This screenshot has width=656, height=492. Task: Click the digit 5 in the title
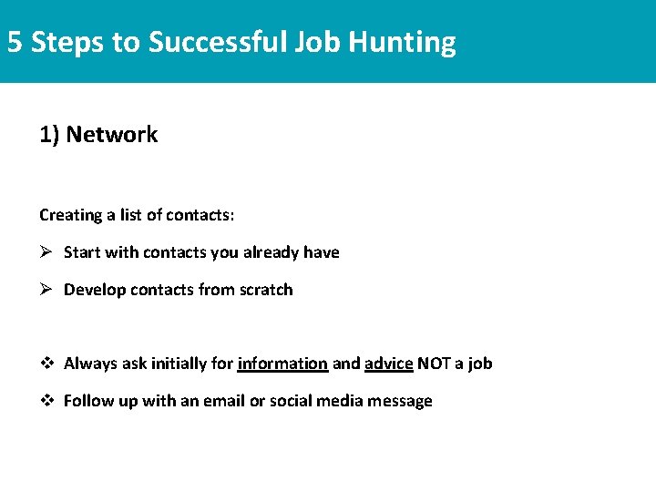15,42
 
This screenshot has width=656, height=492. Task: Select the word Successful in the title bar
218,42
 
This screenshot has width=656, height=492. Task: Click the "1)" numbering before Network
49,135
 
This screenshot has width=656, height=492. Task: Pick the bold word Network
112,135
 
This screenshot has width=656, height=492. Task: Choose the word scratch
266,290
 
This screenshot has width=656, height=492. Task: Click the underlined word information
282,364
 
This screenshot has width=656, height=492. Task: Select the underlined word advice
389,364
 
